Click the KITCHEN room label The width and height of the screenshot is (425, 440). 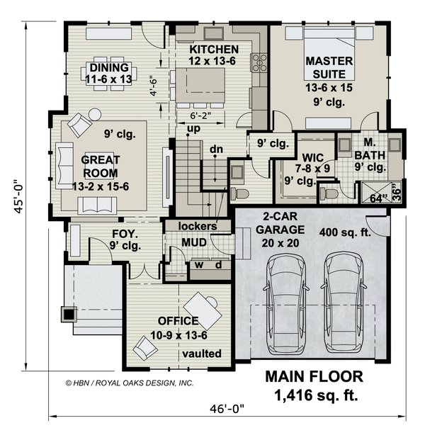tap(214, 50)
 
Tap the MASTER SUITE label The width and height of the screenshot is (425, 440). tap(329, 67)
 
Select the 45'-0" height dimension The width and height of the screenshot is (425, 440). tap(19, 196)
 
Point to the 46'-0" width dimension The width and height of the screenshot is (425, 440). tap(227, 409)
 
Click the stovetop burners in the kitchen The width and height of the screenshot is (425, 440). tap(259, 62)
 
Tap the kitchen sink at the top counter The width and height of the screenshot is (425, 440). tap(213, 34)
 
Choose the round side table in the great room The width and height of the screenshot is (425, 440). tap(95, 114)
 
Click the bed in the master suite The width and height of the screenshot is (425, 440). tap(329, 53)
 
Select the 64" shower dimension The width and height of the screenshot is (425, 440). tap(376, 198)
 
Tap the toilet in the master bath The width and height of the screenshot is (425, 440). tap(328, 193)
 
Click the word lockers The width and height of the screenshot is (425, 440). tap(198, 226)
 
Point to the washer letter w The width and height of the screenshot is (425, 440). tap(199, 265)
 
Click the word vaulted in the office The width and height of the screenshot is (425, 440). tap(202, 354)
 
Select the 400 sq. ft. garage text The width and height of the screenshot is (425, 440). tap(345, 232)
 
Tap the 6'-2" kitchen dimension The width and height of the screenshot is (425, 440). tap(200, 115)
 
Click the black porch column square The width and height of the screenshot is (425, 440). tap(69, 315)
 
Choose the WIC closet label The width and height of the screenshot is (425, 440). tap(313, 157)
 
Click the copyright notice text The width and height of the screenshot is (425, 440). tap(130, 383)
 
